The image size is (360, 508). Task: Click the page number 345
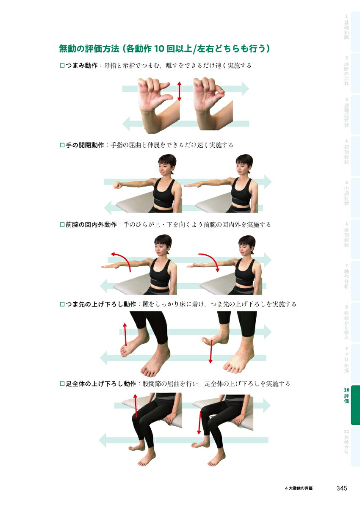pos(341,488)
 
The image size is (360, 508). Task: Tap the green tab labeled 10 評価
pos(349,404)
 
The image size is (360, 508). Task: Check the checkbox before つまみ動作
pos(62,66)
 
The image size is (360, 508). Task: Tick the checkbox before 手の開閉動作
pos(62,145)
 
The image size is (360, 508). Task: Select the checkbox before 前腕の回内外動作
pos(62,225)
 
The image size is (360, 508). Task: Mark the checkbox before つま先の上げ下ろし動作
pos(62,304)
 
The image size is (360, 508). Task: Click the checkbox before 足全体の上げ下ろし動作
pos(62,384)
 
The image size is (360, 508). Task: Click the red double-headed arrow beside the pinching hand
pos(179,91)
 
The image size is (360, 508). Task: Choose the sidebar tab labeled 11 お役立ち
pos(346,442)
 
